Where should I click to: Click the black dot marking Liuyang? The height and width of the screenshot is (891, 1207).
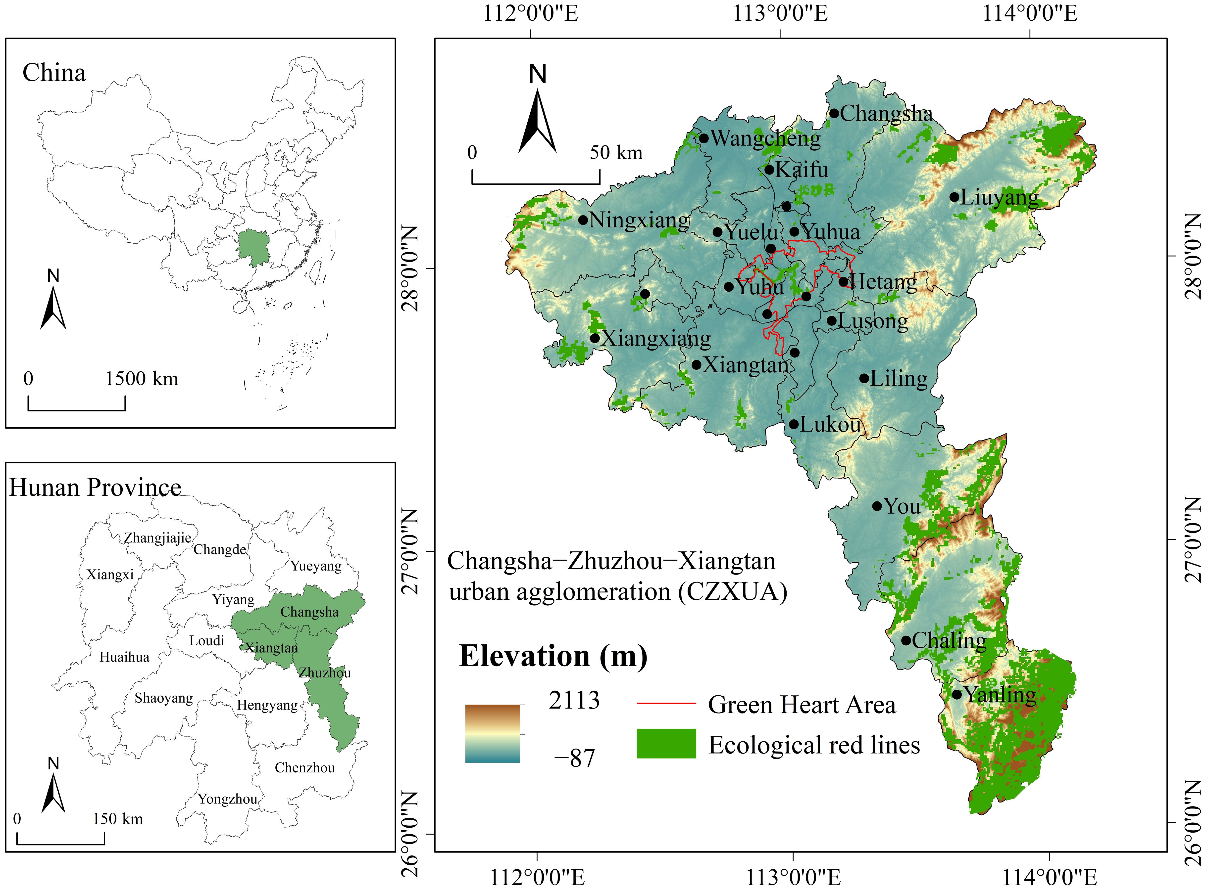click(x=954, y=197)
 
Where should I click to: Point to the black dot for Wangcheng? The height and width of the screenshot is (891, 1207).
click(x=704, y=138)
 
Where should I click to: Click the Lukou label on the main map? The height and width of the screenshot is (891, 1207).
click(x=830, y=424)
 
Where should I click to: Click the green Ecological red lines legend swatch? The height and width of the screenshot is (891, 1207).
click(x=666, y=744)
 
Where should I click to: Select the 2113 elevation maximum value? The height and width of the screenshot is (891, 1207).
click(x=574, y=700)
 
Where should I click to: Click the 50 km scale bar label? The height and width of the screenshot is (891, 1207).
click(x=616, y=153)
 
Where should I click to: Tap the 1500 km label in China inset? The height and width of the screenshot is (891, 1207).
click(x=141, y=379)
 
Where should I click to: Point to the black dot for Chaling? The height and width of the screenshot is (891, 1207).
click(x=906, y=641)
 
